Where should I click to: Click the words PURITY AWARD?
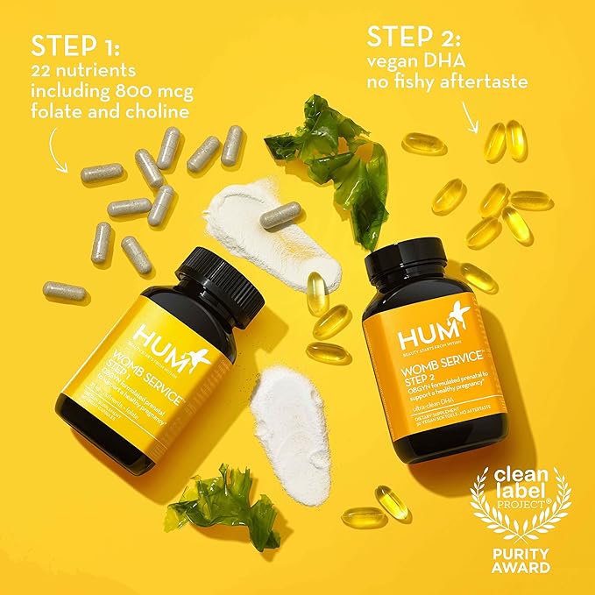pos(521,557)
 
